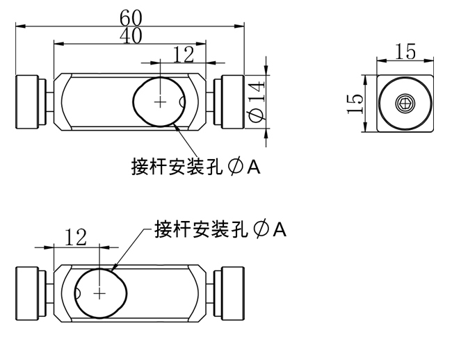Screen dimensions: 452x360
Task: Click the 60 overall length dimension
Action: click(131, 18)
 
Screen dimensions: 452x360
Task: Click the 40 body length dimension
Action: click(131, 35)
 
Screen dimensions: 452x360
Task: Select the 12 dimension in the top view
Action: click(184, 55)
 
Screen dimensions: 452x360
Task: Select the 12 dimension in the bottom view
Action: click(76, 237)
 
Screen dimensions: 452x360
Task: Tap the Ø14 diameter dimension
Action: click(257, 101)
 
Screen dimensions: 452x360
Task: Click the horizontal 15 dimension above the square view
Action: click(405, 52)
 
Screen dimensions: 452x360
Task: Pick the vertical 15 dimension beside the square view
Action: click(355, 104)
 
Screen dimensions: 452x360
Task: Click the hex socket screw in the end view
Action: click(405, 104)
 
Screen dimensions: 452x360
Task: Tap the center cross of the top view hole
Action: click(160, 102)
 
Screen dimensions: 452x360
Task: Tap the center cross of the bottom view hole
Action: click(99, 294)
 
